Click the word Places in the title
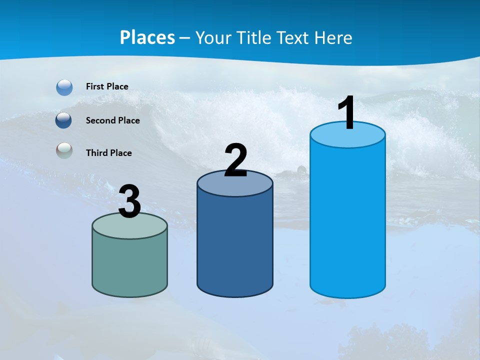[147, 37]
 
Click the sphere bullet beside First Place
[64, 87]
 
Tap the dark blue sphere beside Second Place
[63, 120]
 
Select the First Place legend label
[107, 86]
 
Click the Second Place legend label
[112, 120]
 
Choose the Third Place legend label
[108, 153]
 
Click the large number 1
[346, 113]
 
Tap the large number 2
[236, 160]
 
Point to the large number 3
[129, 202]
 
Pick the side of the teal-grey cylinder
[129, 265]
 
